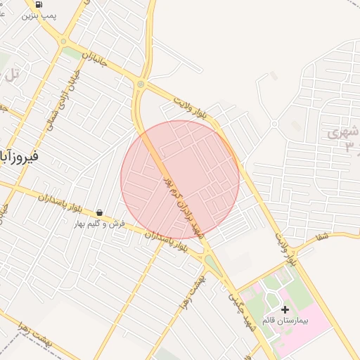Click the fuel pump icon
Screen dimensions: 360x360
37,4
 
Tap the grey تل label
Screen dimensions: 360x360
13,73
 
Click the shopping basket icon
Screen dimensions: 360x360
99,212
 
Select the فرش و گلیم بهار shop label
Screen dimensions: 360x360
100,224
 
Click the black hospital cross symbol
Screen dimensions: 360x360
285,309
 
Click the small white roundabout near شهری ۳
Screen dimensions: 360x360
274,124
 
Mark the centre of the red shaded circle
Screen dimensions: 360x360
180,180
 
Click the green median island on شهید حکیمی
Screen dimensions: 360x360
212,264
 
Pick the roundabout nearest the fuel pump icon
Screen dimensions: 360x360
140,85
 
